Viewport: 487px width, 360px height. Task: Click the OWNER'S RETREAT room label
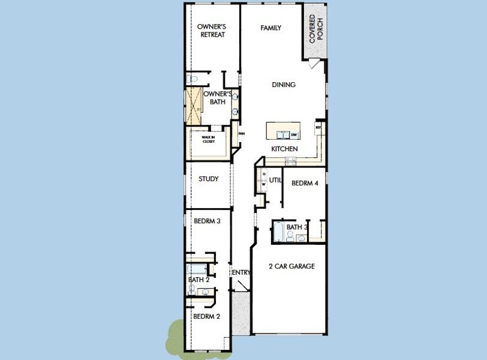pyautogui.click(x=211, y=31)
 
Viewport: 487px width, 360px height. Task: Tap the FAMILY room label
pyautogui.click(x=271, y=28)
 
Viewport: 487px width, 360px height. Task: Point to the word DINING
pyautogui.click(x=284, y=85)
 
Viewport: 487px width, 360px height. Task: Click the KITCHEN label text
pyautogui.click(x=284, y=149)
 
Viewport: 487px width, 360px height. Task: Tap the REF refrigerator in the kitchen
pyautogui.click(x=318, y=128)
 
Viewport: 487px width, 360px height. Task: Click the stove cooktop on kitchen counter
pyautogui.click(x=290, y=160)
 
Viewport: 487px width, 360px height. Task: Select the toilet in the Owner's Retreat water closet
pyautogui.click(x=191, y=79)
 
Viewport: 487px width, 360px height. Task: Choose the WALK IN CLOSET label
pyautogui.click(x=208, y=139)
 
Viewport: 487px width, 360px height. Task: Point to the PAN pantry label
pyautogui.click(x=242, y=134)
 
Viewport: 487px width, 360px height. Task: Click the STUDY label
pyautogui.click(x=208, y=179)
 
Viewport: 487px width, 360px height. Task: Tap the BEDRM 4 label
pyautogui.click(x=304, y=184)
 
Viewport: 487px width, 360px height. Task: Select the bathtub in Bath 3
pyautogui.click(x=279, y=232)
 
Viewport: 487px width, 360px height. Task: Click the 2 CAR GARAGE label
pyautogui.click(x=291, y=266)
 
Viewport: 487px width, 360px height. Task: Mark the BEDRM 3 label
pyautogui.click(x=207, y=221)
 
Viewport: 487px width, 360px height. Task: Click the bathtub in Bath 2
pyautogui.click(x=196, y=269)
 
